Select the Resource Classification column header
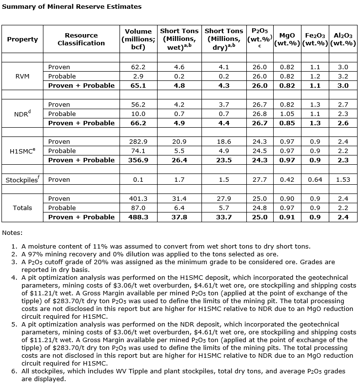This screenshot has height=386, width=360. [x=81, y=39]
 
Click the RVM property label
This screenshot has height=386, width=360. [x=22, y=76]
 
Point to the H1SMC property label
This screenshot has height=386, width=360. [x=22, y=151]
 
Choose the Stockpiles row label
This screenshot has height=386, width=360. [x=22, y=180]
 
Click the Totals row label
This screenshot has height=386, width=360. [x=22, y=208]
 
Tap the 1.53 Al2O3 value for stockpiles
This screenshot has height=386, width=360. [x=343, y=180]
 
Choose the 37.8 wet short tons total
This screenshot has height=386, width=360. [x=179, y=217]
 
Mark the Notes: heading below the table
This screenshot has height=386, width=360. [x=12, y=233]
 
